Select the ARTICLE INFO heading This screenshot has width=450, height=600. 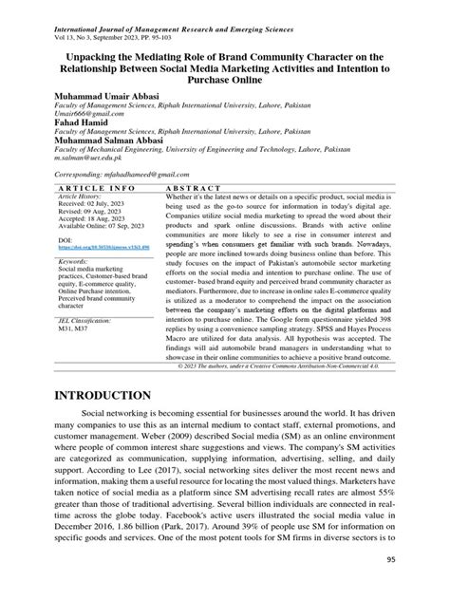tap(81, 188)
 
